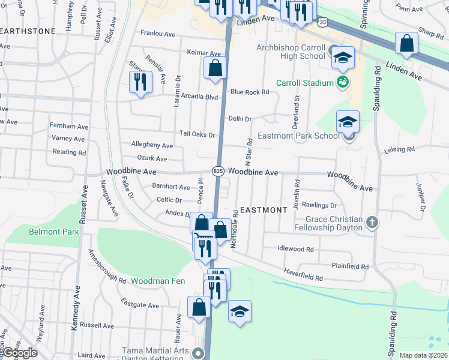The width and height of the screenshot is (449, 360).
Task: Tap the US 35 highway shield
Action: point(323,22)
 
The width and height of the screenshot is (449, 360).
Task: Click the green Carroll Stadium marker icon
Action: point(342,82)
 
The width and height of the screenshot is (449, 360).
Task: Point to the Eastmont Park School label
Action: point(298,136)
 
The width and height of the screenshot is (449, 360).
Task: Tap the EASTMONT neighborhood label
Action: point(264,210)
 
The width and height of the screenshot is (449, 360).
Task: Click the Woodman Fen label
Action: point(154,281)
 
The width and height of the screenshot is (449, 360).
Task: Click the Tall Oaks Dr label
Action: point(197,134)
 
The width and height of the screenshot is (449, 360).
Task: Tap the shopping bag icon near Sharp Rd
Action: point(407,44)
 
